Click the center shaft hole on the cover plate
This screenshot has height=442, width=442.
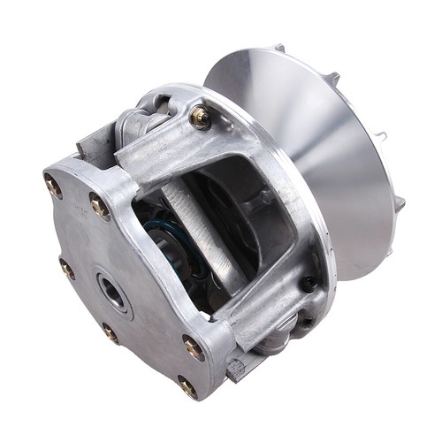(112, 291)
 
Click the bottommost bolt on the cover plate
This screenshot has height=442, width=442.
(187, 386)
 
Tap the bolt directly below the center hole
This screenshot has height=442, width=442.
(110, 332)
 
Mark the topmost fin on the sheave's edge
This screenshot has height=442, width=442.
(279, 48)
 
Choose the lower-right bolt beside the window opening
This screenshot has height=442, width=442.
(192, 347)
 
